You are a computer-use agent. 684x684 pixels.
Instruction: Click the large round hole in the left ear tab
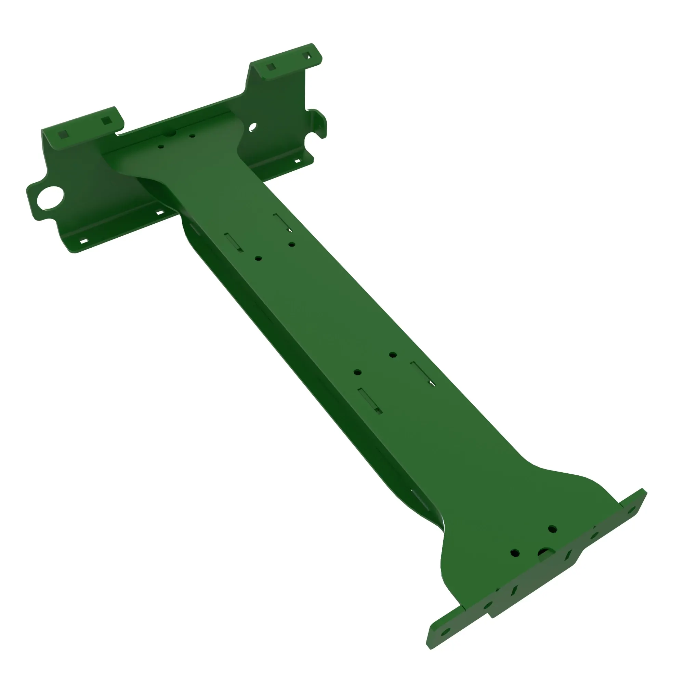pos(50,197)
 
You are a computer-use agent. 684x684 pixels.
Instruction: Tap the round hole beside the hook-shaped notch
pos(253,127)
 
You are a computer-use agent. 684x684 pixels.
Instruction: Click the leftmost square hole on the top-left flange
pos(63,134)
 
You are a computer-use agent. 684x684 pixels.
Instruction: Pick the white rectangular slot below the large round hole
pos(84,241)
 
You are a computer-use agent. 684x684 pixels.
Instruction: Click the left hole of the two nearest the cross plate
pos(161,146)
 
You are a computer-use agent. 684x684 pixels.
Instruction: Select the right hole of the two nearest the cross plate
pos(192,135)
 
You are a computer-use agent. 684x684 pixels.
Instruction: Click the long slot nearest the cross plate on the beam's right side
pos(282,222)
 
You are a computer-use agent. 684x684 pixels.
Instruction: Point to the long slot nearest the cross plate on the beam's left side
pos(233,242)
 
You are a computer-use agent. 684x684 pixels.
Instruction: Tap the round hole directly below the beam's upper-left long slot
pos(258,259)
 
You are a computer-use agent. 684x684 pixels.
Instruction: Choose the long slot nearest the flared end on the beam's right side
pos(422,373)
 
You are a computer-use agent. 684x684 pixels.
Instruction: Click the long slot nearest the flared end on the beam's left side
pos(370,400)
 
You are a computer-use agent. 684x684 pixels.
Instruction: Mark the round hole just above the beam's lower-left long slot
pos(358,372)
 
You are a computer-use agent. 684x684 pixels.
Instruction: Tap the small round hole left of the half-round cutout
pos(515,553)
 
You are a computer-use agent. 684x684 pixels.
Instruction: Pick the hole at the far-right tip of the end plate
pos(631,510)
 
